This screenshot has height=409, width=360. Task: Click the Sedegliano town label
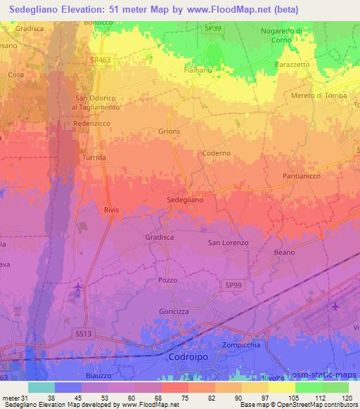(186, 200)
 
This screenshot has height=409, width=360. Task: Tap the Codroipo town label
(190, 357)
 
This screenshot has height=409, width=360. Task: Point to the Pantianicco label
(302, 174)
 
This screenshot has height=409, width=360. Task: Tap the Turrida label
(94, 158)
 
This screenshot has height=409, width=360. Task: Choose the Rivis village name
(112, 209)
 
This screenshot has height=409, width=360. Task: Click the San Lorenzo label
(227, 242)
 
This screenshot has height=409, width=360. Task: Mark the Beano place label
(284, 252)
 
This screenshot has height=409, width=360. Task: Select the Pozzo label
(167, 280)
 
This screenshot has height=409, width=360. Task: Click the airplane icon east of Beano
(334, 306)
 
